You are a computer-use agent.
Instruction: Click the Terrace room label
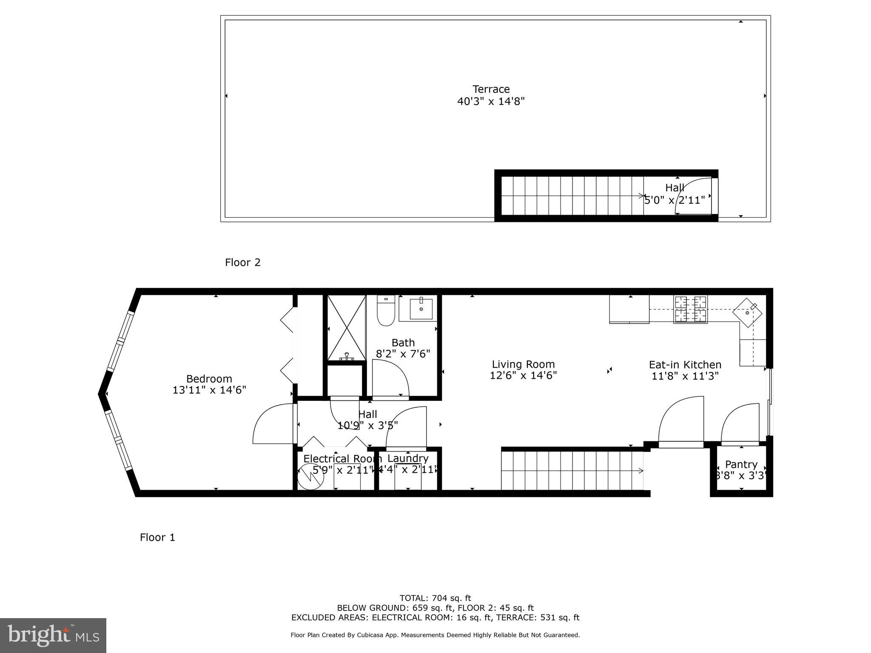(x=491, y=89)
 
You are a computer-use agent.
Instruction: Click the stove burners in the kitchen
(x=690, y=309)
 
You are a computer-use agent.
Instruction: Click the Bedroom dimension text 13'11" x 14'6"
(x=209, y=390)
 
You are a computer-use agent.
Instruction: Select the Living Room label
(x=523, y=364)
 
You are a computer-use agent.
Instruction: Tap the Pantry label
(x=741, y=464)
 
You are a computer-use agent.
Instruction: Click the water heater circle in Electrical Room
(x=310, y=476)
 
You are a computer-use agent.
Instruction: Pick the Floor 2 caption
(x=242, y=262)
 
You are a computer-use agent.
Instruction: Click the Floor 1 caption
(x=157, y=537)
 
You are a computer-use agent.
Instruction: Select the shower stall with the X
(x=346, y=328)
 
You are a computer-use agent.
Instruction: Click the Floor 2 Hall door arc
(x=691, y=193)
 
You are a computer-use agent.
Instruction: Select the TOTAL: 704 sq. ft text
(x=435, y=599)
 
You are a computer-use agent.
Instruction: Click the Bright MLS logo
(x=53, y=636)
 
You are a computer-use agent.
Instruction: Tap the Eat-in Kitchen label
(x=685, y=365)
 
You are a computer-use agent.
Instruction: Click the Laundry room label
(x=408, y=458)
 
